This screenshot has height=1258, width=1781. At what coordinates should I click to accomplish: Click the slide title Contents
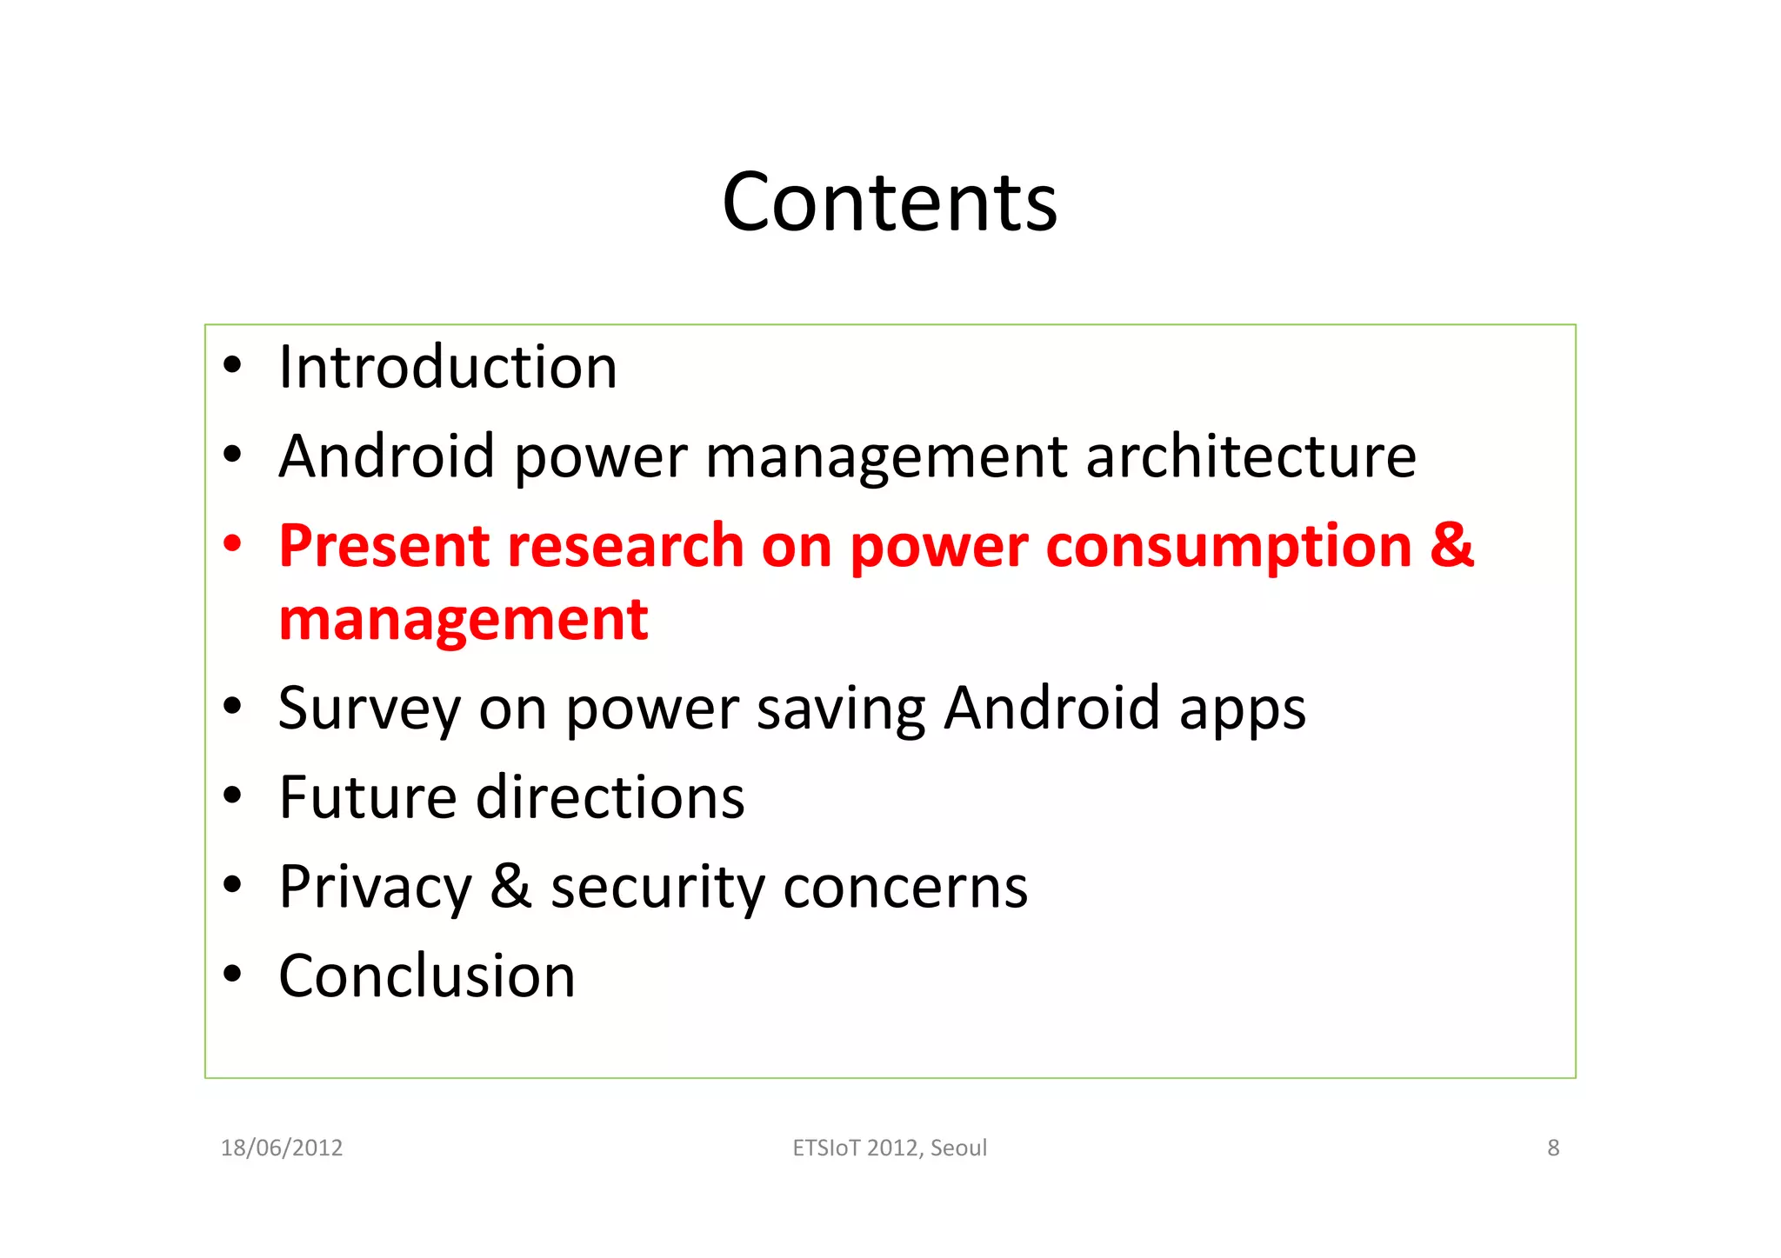[890, 203]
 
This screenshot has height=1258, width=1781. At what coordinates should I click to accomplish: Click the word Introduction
[448, 367]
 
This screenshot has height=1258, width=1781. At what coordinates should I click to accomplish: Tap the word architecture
[1251, 456]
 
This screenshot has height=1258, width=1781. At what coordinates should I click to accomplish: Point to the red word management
[464, 620]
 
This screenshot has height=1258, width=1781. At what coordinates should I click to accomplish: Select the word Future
[368, 797]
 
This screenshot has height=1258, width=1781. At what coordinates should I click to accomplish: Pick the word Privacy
[375, 888]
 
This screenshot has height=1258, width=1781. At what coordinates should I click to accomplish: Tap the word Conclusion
[427, 975]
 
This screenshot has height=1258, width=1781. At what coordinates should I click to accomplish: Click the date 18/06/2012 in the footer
[282, 1148]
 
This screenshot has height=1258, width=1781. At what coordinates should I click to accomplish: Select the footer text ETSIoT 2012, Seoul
[890, 1148]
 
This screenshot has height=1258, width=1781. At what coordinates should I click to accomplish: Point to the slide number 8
[1553, 1148]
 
